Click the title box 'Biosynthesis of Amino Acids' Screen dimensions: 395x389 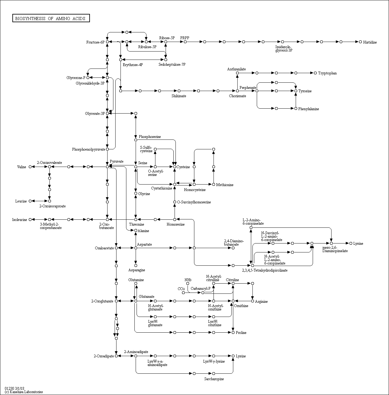pyautogui.click(x=51, y=19)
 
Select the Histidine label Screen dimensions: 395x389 pyautogui.click(x=370, y=42)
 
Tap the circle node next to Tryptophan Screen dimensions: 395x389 pyautogui.click(x=315, y=73)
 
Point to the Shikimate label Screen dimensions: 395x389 pyautogui.click(x=179, y=96)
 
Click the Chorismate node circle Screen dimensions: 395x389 pyautogui.click(x=237, y=91)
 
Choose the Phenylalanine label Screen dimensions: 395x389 pyautogui.click(x=309, y=109)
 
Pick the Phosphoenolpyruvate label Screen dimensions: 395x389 pyautogui.click(x=89, y=150)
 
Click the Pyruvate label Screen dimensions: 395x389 pyautogui.click(x=116, y=161)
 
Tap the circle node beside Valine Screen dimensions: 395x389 pyautogui.click(x=30, y=167)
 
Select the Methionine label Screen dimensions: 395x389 pyautogui.click(x=225, y=185)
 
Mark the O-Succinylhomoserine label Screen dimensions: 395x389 pyautogui.click(x=194, y=202)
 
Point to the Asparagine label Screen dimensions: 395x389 pyautogui.click(x=137, y=270)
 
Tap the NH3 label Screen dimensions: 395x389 pyautogui.click(x=188, y=280)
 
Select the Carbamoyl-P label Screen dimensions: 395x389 pyautogui.click(x=200, y=289)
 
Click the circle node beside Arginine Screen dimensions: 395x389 pyautogui.click(x=252, y=301)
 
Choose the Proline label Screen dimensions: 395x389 pyautogui.click(x=241, y=333)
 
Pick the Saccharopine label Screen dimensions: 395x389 pyautogui.click(x=214, y=379)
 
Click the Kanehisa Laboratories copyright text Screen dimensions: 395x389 pyautogui.click(x=24, y=392)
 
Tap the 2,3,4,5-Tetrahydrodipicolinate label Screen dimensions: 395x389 pyautogui.click(x=265, y=270)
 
